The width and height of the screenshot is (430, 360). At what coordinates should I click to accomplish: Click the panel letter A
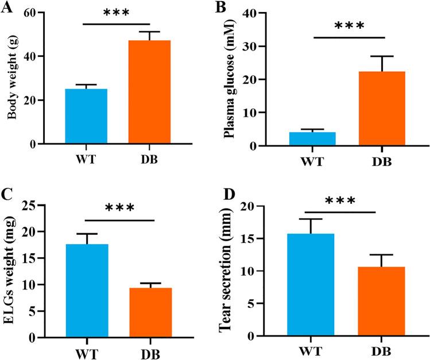click(7, 7)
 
